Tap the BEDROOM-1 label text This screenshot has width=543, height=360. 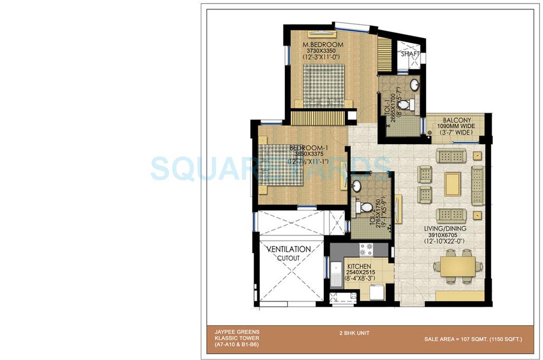pos(306,147)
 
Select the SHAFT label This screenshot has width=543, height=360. pos(410,54)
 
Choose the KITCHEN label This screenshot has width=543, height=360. pos(359,266)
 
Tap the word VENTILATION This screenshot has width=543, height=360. pos(288,248)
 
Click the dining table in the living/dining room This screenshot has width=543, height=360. pos(454,266)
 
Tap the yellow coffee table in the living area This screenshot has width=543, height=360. pos(453,183)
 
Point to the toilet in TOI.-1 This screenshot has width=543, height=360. pos(405,105)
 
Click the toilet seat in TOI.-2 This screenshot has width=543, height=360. pos(363,206)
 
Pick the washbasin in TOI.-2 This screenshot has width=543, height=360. pos(357,186)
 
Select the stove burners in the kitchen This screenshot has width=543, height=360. pos(366,249)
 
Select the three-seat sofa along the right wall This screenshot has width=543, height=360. pos(478,184)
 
